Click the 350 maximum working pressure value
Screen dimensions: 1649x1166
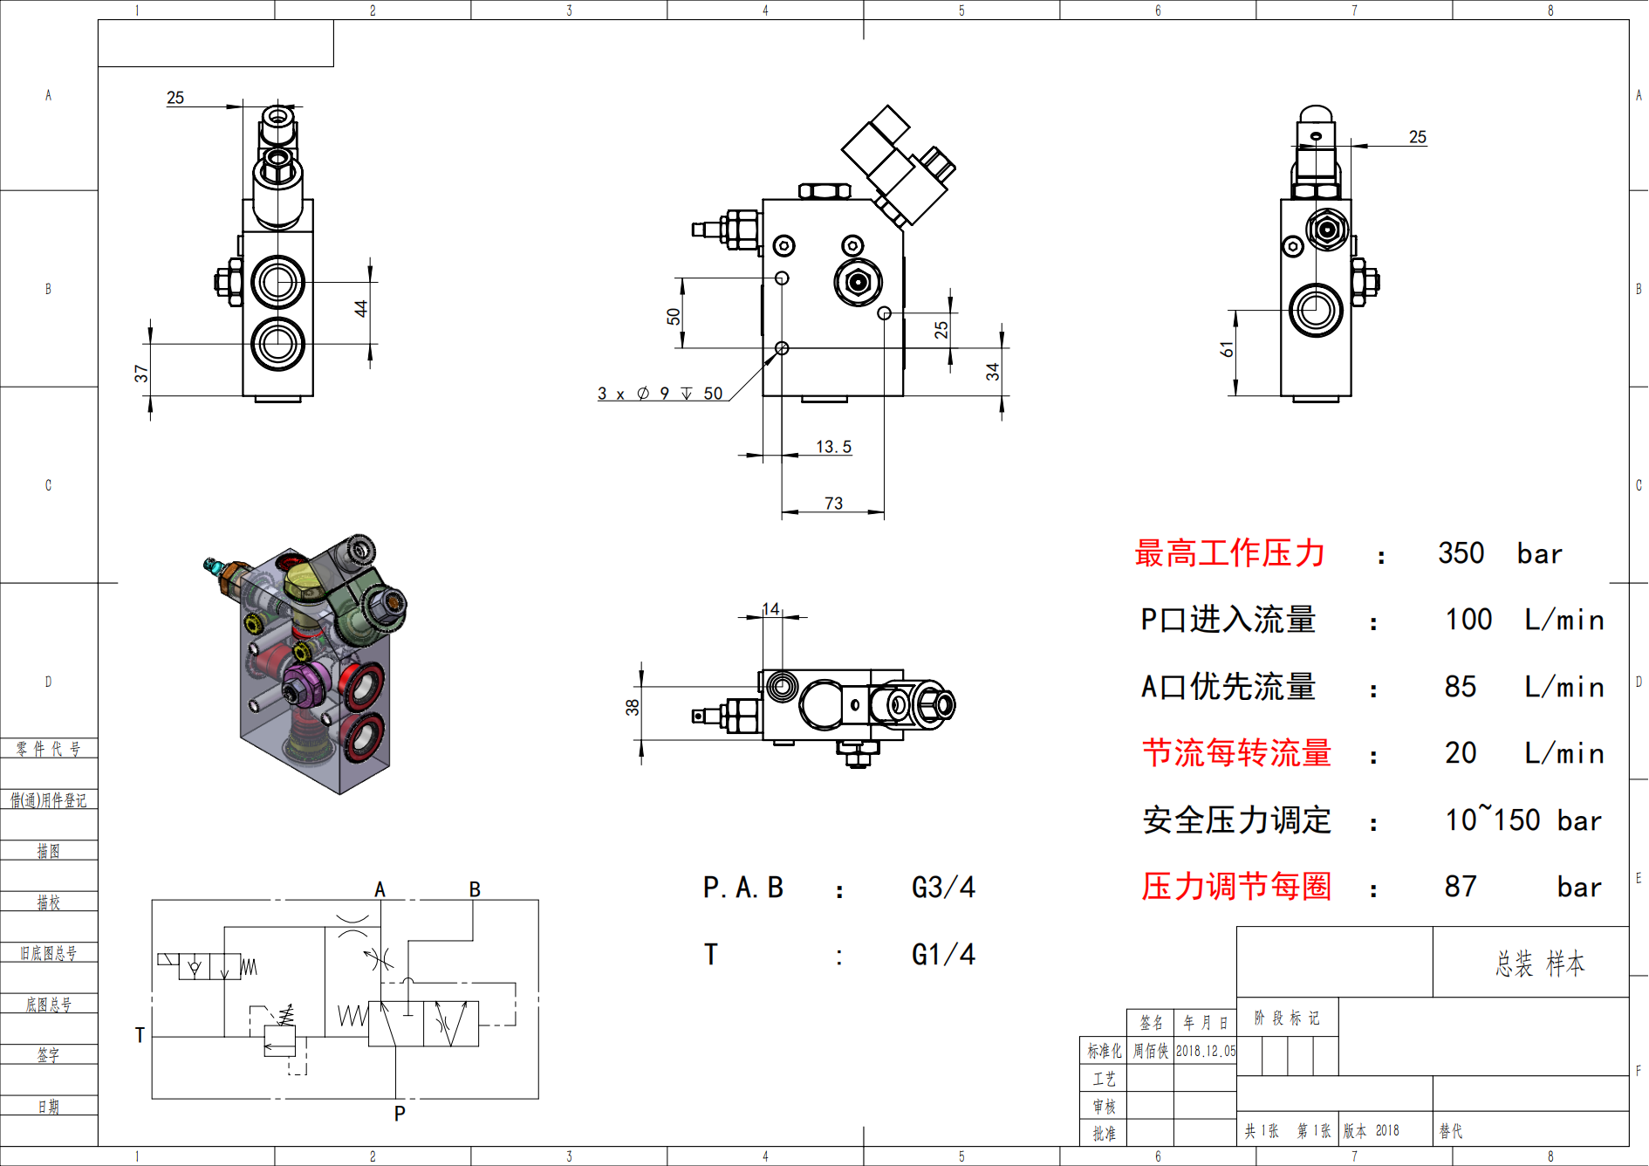[1461, 553]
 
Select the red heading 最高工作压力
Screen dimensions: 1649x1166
[1230, 553]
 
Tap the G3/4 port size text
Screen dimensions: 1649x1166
[943, 888]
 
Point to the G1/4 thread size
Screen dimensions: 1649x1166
[943, 955]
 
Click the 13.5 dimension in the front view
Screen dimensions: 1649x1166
[833, 447]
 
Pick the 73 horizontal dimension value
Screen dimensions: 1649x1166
[833, 504]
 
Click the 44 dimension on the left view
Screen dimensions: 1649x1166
[361, 308]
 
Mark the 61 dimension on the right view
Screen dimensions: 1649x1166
[1228, 349]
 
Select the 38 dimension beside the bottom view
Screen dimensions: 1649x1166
[633, 707]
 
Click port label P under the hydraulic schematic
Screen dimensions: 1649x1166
[400, 1114]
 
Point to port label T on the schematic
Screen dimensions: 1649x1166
[140, 1035]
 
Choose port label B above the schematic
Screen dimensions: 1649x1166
[475, 889]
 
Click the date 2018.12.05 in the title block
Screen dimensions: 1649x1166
[1205, 1051]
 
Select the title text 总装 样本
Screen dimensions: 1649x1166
[1540, 964]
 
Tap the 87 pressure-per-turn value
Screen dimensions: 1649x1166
[1461, 887]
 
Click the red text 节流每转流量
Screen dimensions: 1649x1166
[1237, 753]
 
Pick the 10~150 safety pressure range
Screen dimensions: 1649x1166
[1492, 820]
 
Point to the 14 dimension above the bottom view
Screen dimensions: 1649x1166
[770, 609]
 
